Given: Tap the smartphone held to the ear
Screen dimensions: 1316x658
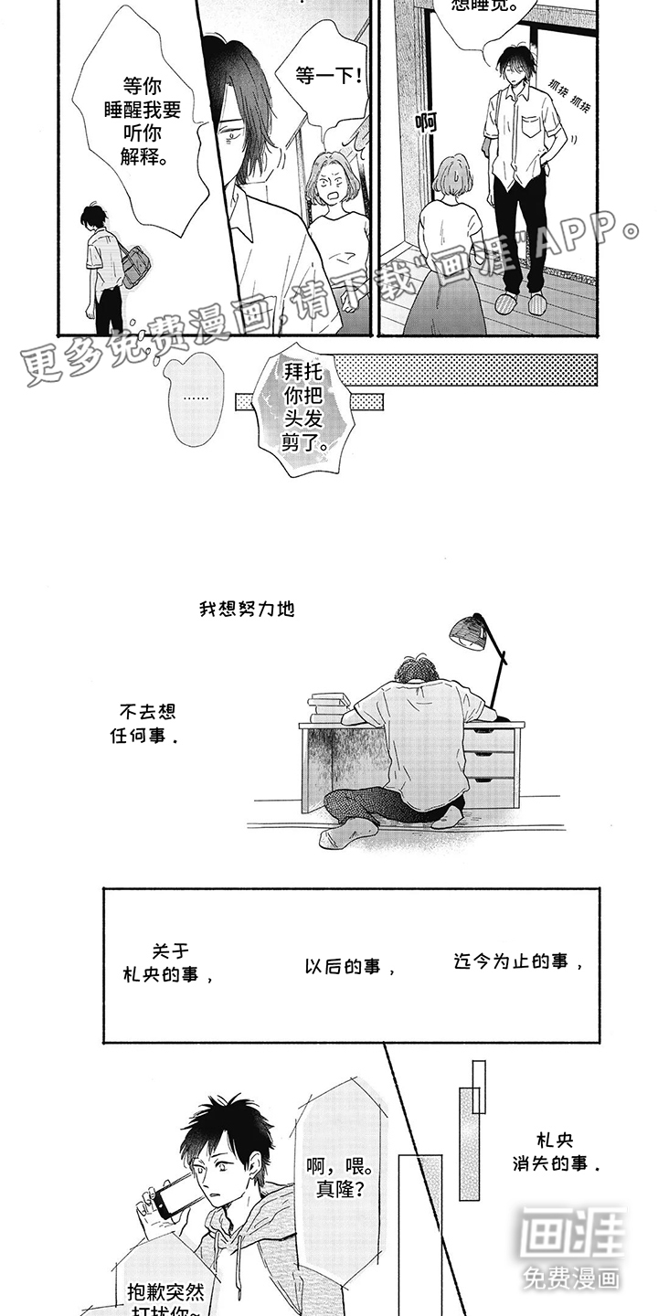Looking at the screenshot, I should coord(177,1192).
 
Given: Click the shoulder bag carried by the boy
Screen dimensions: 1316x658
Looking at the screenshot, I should coord(133,266).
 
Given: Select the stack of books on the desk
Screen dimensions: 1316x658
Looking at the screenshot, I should coord(329,706).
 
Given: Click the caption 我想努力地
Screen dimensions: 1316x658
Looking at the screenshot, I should coord(247,609).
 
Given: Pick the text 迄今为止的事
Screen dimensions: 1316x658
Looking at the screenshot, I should coord(517,961).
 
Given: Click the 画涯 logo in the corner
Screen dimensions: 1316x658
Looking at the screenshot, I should coord(572,1247).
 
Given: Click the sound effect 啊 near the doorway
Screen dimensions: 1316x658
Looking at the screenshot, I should coord(425,122).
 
